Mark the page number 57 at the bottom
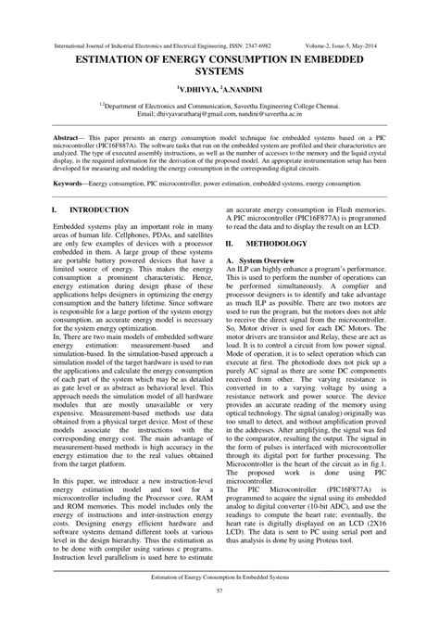click(219, 590)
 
